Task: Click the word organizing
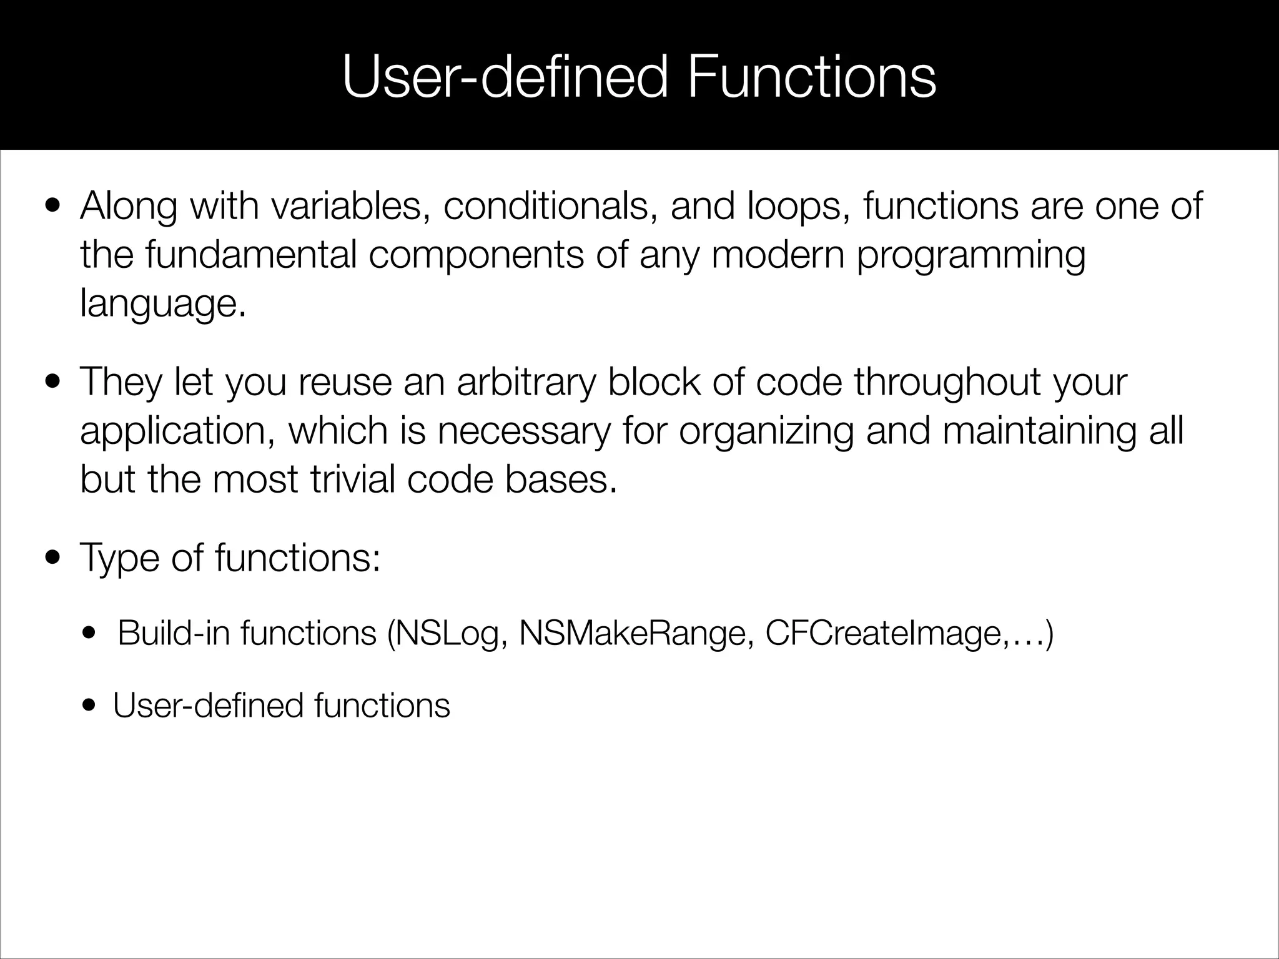click(x=766, y=431)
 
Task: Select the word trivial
click(x=353, y=480)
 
